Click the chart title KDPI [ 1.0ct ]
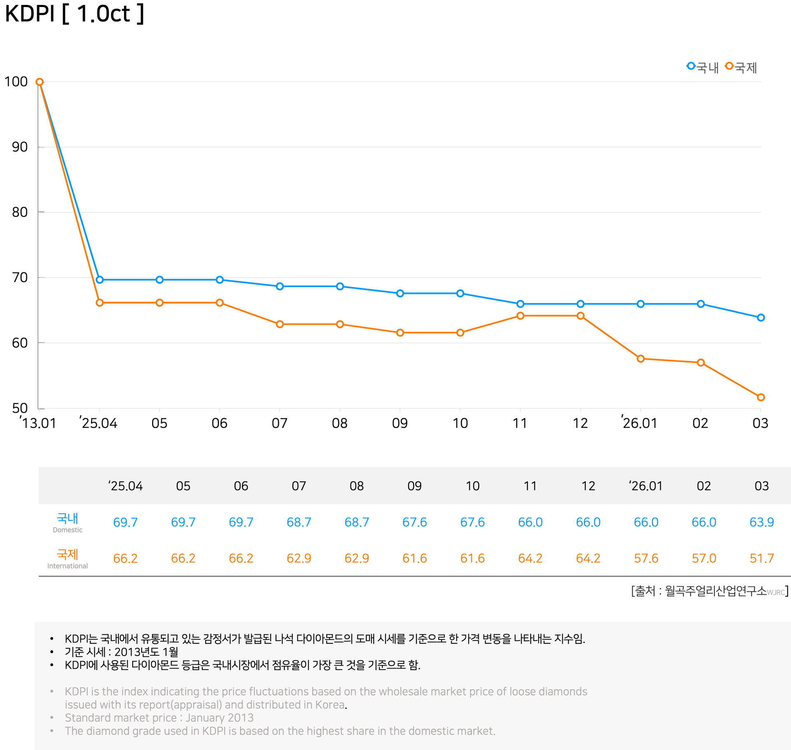click(x=75, y=14)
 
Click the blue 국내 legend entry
click(x=702, y=67)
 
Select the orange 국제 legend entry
click(x=741, y=67)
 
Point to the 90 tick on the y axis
click(x=20, y=147)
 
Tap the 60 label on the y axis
click(x=20, y=343)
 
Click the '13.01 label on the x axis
click(x=38, y=423)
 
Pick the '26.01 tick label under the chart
click(x=639, y=423)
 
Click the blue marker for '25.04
click(x=100, y=280)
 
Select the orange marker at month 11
click(x=520, y=316)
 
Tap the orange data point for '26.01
click(x=641, y=359)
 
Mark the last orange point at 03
click(x=761, y=397)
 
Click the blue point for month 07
click(x=280, y=286)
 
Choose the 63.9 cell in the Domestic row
click(x=762, y=522)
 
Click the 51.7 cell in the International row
click(x=762, y=558)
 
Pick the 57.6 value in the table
click(x=646, y=558)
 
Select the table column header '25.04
click(x=126, y=486)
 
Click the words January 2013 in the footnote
click(x=219, y=718)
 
